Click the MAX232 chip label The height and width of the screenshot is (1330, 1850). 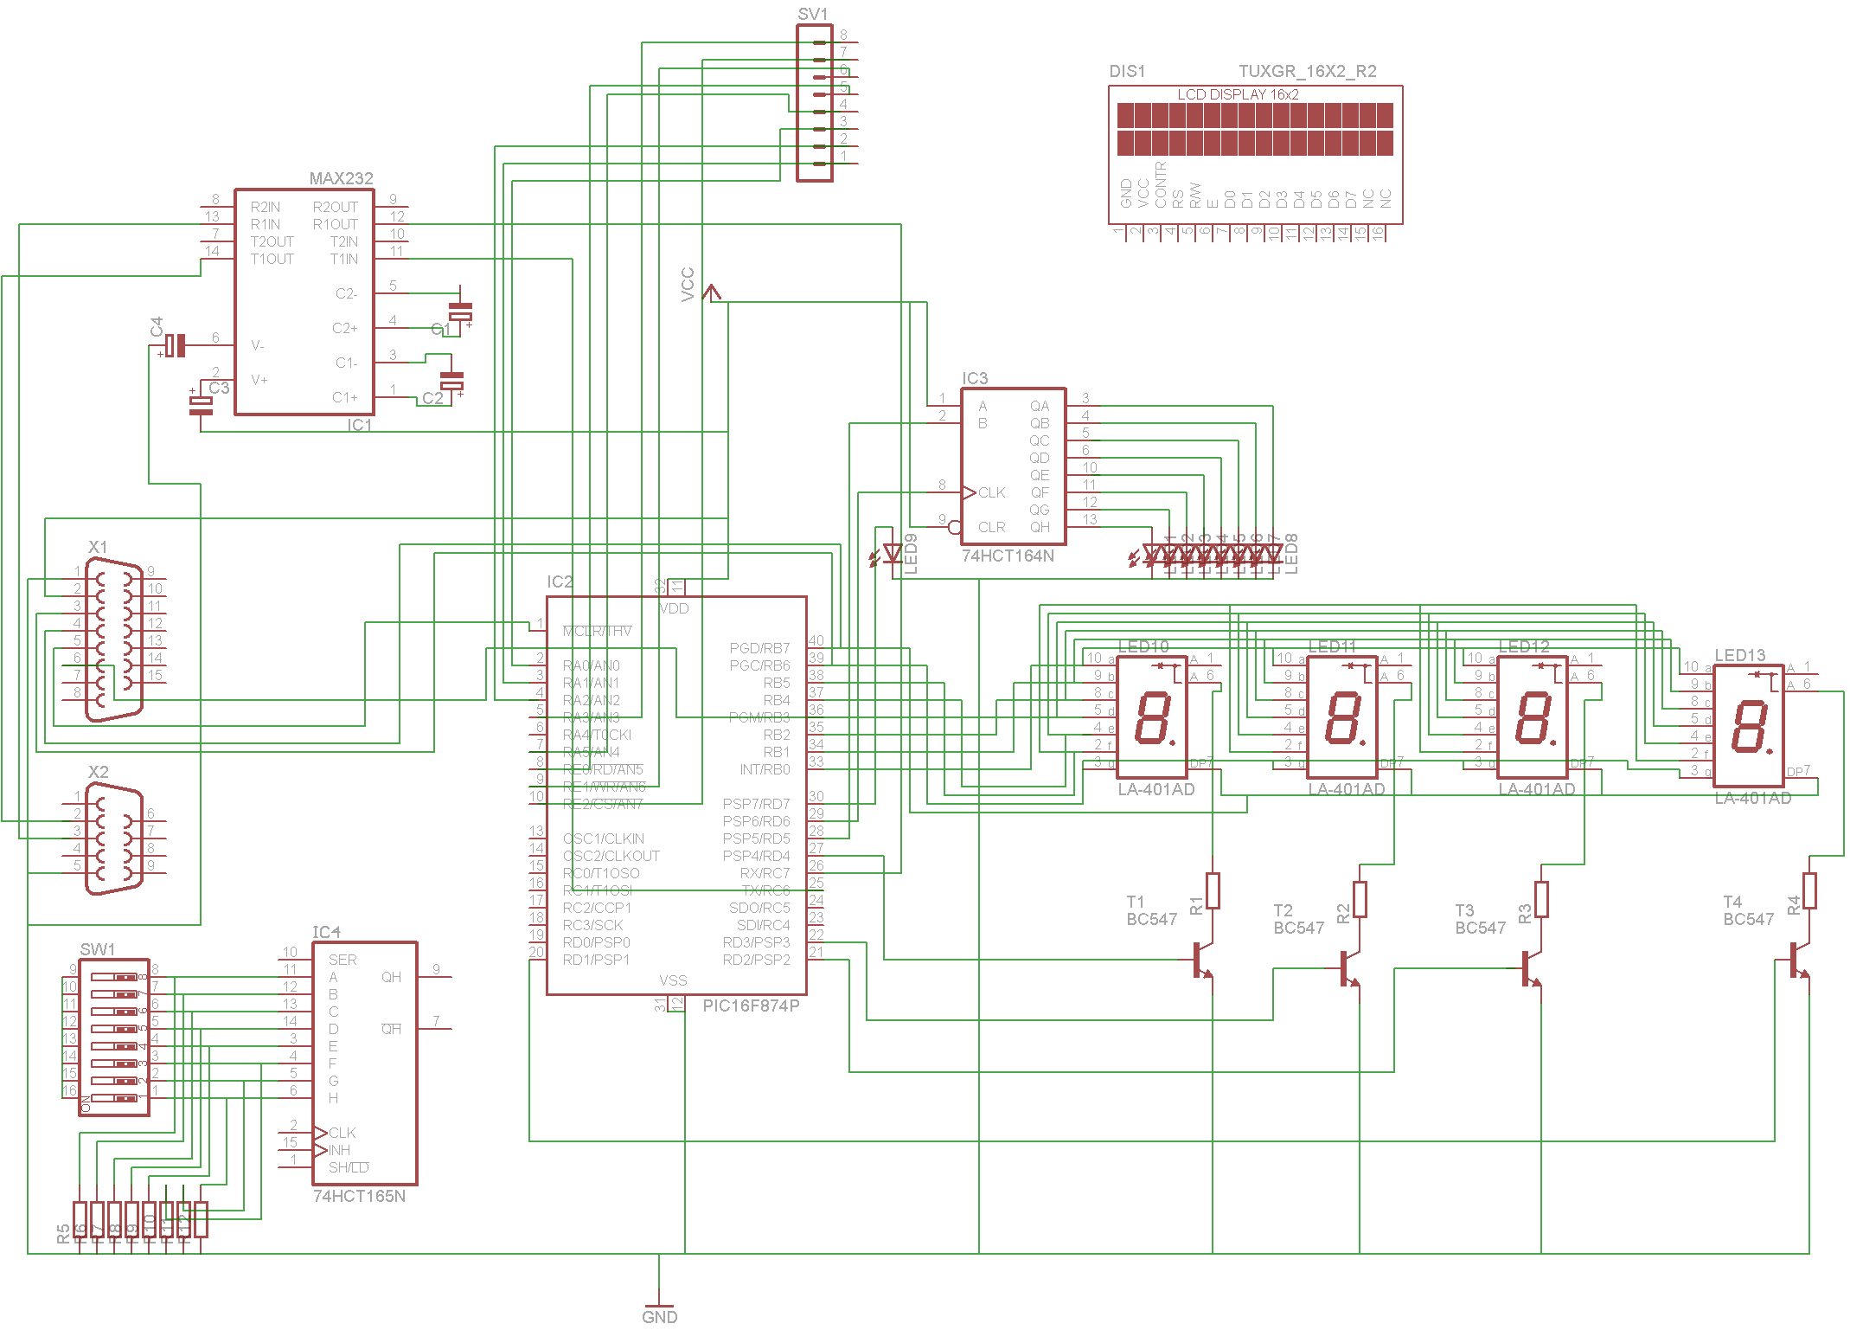click(x=341, y=178)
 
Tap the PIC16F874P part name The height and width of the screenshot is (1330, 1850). click(x=750, y=1006)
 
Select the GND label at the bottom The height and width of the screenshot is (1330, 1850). click(x=659, y=1316)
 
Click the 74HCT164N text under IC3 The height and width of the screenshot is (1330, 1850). click(x=1008, y=556)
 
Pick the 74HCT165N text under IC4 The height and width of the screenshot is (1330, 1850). click(x=359, y=1196)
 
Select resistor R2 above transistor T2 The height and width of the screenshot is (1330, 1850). click(x=1360, y=899)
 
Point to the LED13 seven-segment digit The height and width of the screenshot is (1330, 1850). click(x=1748, y=726)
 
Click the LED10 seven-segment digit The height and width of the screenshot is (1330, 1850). click(x=1152, y=717)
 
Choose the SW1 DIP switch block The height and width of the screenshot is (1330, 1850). click(x=114, y=1037)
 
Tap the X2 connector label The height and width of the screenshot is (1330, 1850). click(x=98, y=772)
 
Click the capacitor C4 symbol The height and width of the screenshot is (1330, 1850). click(x=176, y=345)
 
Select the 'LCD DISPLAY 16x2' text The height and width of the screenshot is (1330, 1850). click(x=1238, y=94)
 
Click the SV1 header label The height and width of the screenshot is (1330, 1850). click(x=812, y=14)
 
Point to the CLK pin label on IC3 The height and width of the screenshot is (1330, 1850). click(x=991, y=492)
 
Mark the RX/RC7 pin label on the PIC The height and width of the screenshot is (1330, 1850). click(x=765, y=873)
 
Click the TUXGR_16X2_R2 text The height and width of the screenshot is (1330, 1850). click(x=1307, y=71)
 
